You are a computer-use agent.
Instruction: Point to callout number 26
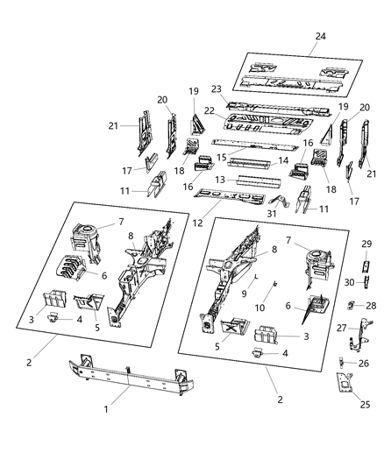point(363,363)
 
